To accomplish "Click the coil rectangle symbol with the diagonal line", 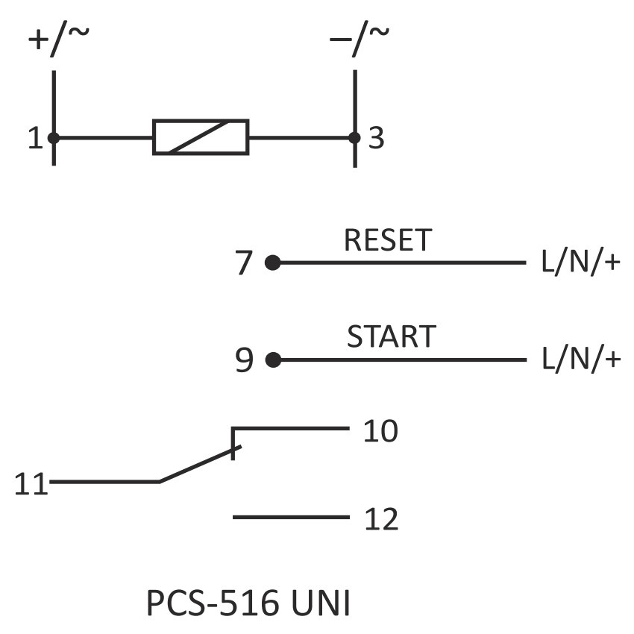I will (x=201, y=136).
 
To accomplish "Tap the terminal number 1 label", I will (x=34, y=138).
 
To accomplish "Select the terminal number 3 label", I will (x=377, y=138).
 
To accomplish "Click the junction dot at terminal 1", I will (x=54, y=137).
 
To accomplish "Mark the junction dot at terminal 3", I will (x=354, y=137).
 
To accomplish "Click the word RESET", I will (x=388, y=240).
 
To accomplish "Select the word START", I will (x=390, y=337).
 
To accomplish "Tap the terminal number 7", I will (x=245, y=264).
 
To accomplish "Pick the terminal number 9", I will (x=245, y=361).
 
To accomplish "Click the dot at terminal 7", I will (x=273, y=263).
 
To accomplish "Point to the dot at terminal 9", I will (x=273, y=360).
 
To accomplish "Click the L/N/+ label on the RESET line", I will (x=580, y=263).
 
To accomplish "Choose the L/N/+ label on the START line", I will (x=580, y=360).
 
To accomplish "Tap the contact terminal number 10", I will (x=380, y=431).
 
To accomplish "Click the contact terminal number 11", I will (x=31, y=485).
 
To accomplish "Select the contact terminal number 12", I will (x=381, y=519).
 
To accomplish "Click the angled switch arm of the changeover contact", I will (x=198, y=465).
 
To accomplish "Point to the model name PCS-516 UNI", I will (x=248, y=604).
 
